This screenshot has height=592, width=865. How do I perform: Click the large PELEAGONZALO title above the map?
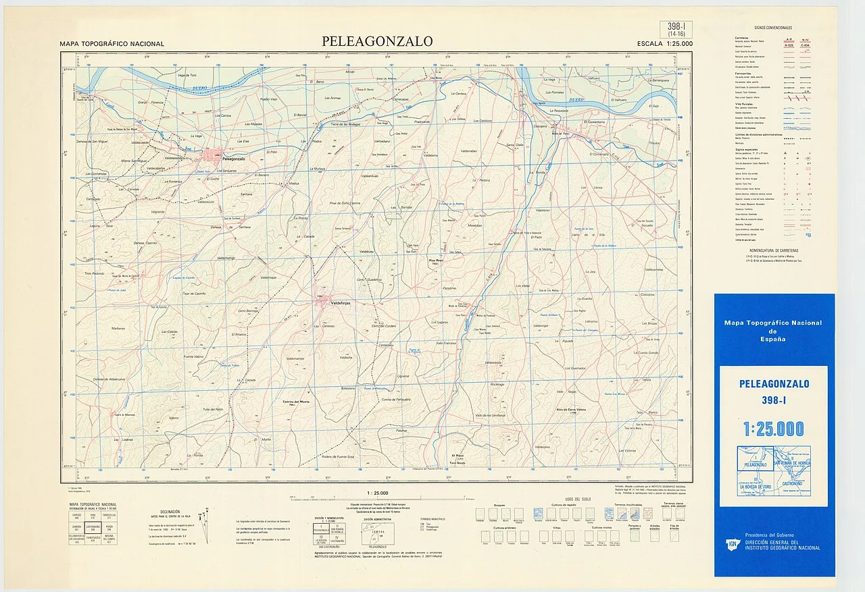377,42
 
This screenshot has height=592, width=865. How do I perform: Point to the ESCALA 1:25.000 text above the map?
664,44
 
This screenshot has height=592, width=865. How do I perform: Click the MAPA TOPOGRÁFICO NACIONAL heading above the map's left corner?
112,44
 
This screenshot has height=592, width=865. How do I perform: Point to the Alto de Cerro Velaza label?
574,410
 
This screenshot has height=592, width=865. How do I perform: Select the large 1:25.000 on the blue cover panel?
774,429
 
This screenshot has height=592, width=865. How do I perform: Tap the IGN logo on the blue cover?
732,543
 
